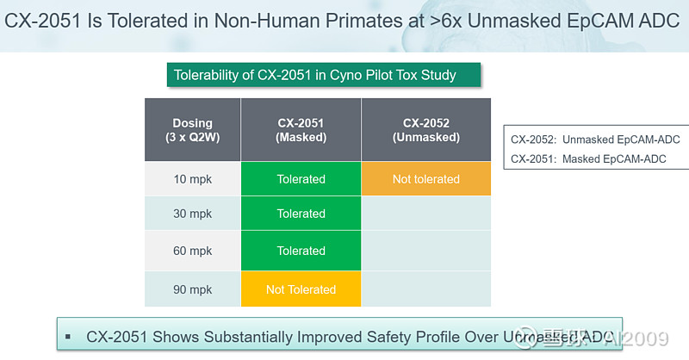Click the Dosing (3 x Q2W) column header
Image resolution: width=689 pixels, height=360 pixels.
[192, 130]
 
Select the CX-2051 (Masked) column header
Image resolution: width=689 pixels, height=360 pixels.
[301, 130]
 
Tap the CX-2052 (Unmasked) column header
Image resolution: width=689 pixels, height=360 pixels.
[425, 130]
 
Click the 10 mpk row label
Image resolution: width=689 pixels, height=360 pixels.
[192, 179]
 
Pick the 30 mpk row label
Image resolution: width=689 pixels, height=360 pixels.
[192, 214]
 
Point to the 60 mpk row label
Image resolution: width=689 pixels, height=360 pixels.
[192, 251]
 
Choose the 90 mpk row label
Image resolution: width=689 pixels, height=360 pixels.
[192, 289]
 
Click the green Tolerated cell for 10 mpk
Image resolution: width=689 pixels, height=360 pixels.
[301, 179]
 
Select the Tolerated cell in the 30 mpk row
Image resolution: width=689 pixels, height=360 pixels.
[301, 214]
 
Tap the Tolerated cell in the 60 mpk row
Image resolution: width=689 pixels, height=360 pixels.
[301, 251]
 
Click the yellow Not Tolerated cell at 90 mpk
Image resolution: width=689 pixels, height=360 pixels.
[301, 289]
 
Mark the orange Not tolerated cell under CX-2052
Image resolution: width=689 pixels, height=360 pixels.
[425, 179]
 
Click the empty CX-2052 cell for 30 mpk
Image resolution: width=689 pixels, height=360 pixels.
[425, 214]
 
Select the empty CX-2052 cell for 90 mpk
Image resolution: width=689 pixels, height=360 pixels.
[425, 289]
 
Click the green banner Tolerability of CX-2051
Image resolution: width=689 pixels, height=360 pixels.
[322, 75]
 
